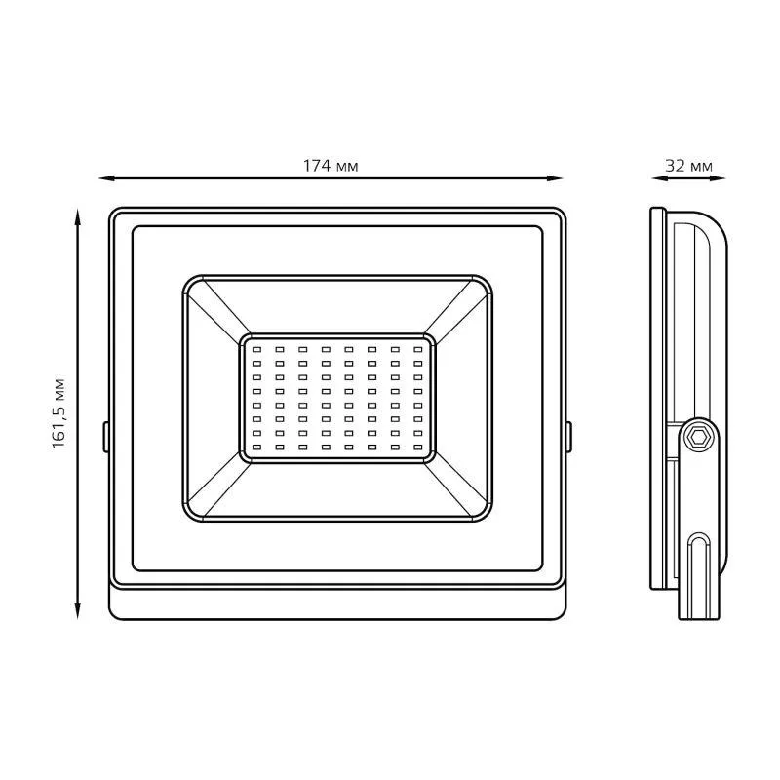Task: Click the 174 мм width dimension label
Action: click(331, 166)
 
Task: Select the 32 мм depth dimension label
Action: click(689, 166)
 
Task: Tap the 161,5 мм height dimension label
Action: click(59, 413)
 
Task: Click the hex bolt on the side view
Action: click(699, 437)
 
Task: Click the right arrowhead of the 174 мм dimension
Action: click(555, 178)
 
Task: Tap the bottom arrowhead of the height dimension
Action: click(78, 611)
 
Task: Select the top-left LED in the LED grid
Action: click(256, 350)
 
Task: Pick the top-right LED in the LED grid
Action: click(418, 350)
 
